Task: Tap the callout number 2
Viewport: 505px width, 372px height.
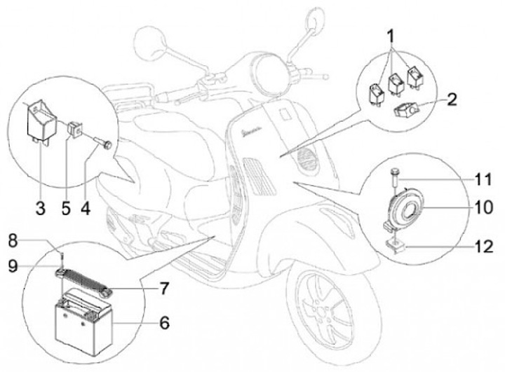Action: pyautogui.click(x=452, y=98)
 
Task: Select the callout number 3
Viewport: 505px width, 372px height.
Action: pyautogui.click(x=41, y=208)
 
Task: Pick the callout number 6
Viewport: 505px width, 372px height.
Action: pyautogui.click(x=164, y=323)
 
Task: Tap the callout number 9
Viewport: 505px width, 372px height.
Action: pyautogui.click(x=12, y=265)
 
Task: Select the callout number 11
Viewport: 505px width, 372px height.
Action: pyautogui.click(x=482, y=180)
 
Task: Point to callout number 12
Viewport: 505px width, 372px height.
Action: pyautogui.click(x=482, y=246)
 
